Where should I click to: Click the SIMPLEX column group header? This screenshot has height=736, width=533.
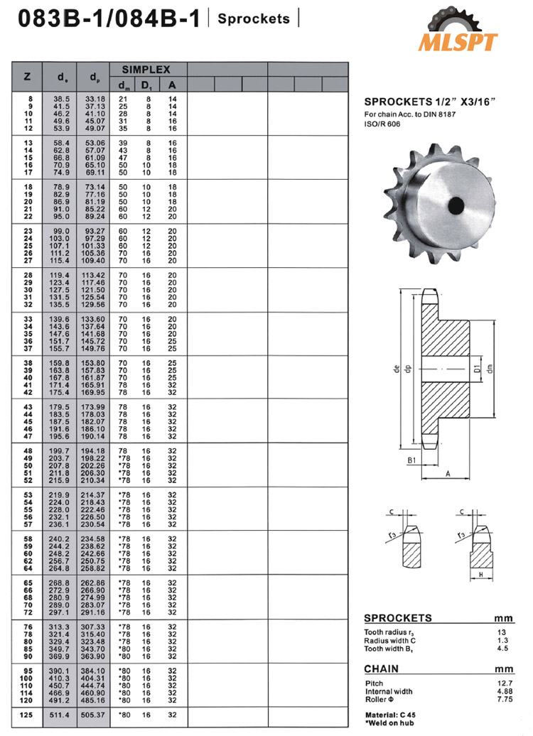146,70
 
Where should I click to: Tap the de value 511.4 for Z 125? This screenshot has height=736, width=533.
57,714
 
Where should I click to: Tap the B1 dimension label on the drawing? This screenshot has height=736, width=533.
411,460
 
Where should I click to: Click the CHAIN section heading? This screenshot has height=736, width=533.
381,669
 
